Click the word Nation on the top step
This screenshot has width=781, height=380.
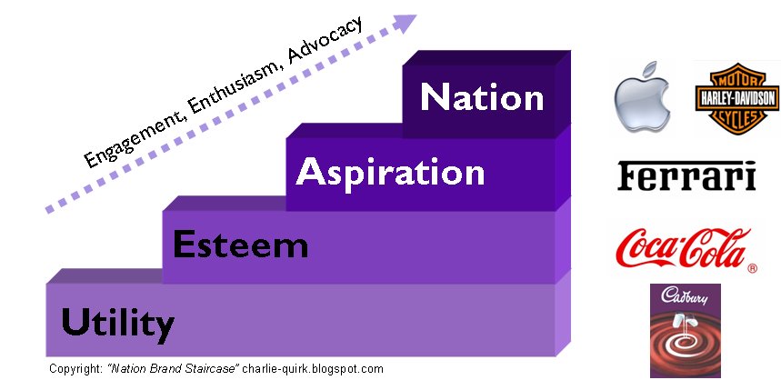click(482, 96)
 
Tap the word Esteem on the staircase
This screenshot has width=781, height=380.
click(241, 245)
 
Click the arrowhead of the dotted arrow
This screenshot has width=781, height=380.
click(405, 23)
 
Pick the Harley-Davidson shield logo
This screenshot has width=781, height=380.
click(737, 98)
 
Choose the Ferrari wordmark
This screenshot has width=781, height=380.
click(686, 175)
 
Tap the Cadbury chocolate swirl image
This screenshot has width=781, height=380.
click(686, 331)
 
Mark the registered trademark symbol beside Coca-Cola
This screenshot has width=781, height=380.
click(752, 268)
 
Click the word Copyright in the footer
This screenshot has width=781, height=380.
click(75, 369)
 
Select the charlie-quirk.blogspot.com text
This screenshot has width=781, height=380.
click(314, 369)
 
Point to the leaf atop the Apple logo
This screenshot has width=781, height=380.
click(649, 70)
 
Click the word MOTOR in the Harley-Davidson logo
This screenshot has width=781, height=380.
click(737, 81)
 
